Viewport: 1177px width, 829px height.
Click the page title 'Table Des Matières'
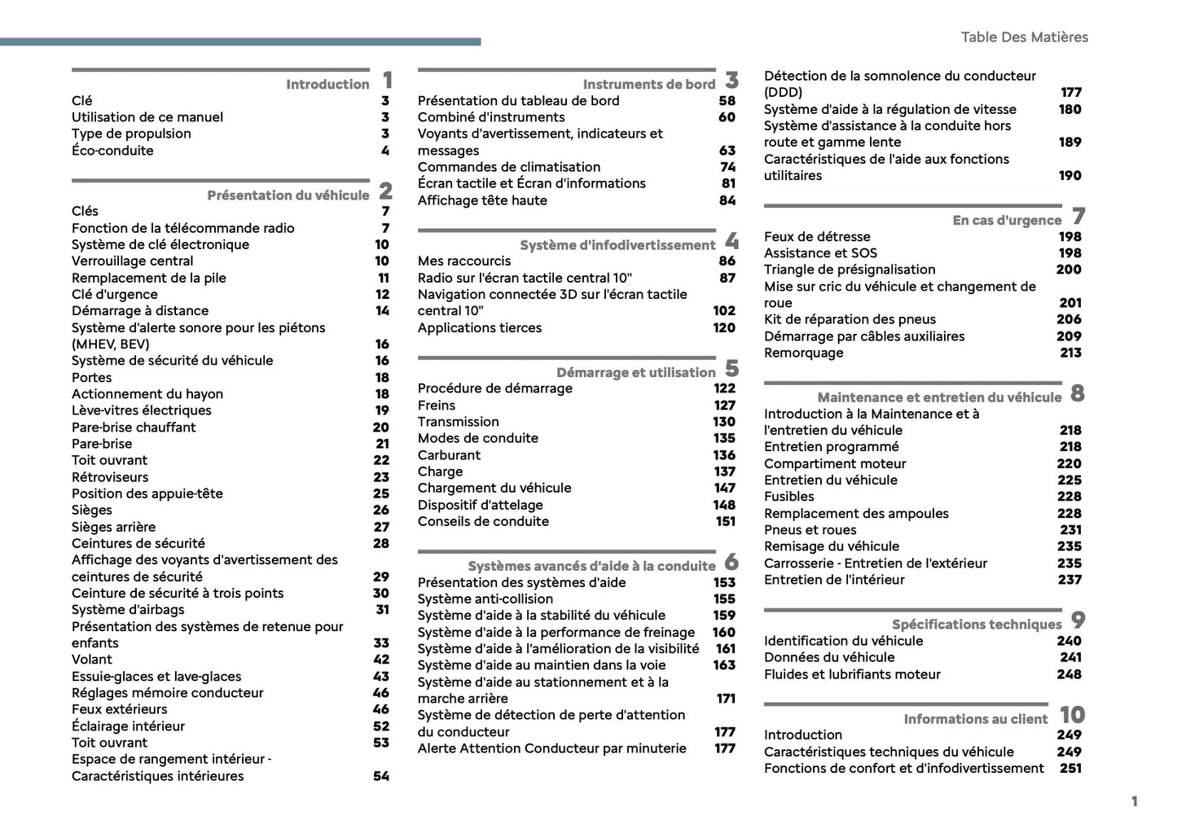[1024, 37]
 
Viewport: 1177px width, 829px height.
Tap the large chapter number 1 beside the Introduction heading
[387, 80]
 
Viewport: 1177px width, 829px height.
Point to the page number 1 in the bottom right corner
[1134, 801]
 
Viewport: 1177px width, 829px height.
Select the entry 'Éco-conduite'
[112, 151]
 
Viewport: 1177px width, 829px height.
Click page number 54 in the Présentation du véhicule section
[381, 776]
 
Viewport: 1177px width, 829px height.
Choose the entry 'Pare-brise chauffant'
[134, 428]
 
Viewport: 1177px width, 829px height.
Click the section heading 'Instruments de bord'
[648, 84]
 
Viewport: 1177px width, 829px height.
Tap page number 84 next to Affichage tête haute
[727, 200]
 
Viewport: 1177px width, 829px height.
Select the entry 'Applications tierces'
[480, 328]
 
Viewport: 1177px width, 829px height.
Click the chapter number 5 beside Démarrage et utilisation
[731, 369]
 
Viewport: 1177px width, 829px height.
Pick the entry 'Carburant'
[449, 455]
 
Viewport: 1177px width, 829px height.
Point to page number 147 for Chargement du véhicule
[724, 488]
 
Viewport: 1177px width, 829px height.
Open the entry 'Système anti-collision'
[485, 599]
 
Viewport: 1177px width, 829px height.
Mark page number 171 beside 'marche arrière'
[725, 699]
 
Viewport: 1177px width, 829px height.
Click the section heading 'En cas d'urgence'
[1007, 220]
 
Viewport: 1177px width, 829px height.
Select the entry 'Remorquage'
[803, 353]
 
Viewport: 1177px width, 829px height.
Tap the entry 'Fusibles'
[788, 497]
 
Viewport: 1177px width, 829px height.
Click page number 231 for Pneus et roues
[1070, 530]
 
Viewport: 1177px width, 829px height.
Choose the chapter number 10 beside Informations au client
[1072, 715]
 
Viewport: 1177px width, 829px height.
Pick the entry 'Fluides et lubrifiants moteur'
[852, 674]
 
